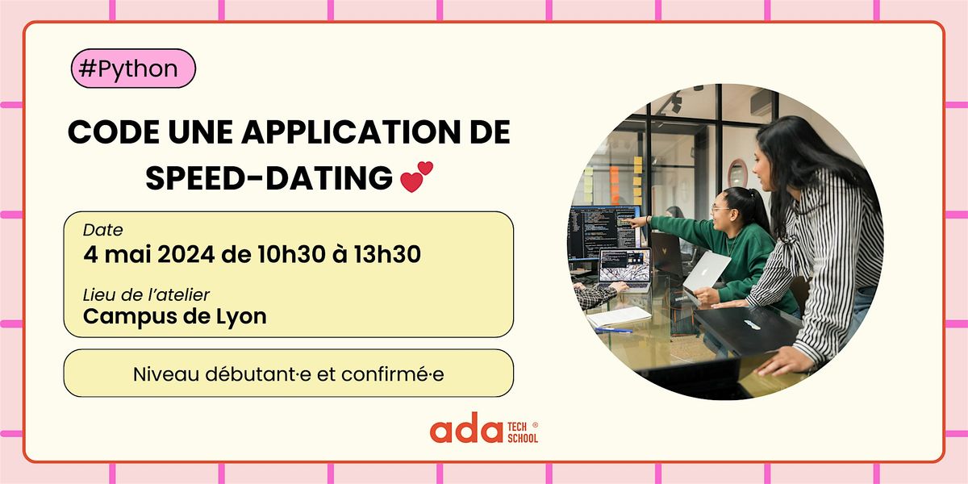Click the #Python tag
pyautogui.click(x=133, y=69)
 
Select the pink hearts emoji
pyautogui.click(x=416, y=177)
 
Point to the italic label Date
pyautogui.click(x=102, y=231)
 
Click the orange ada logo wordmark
pyautogui.click(x=465, y=431)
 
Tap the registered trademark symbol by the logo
pyautogui.click(x=536, y=423)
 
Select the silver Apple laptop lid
pyautogui.click(x=705, y=271)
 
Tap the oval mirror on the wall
pyautogui.click(x=736, y=173)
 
